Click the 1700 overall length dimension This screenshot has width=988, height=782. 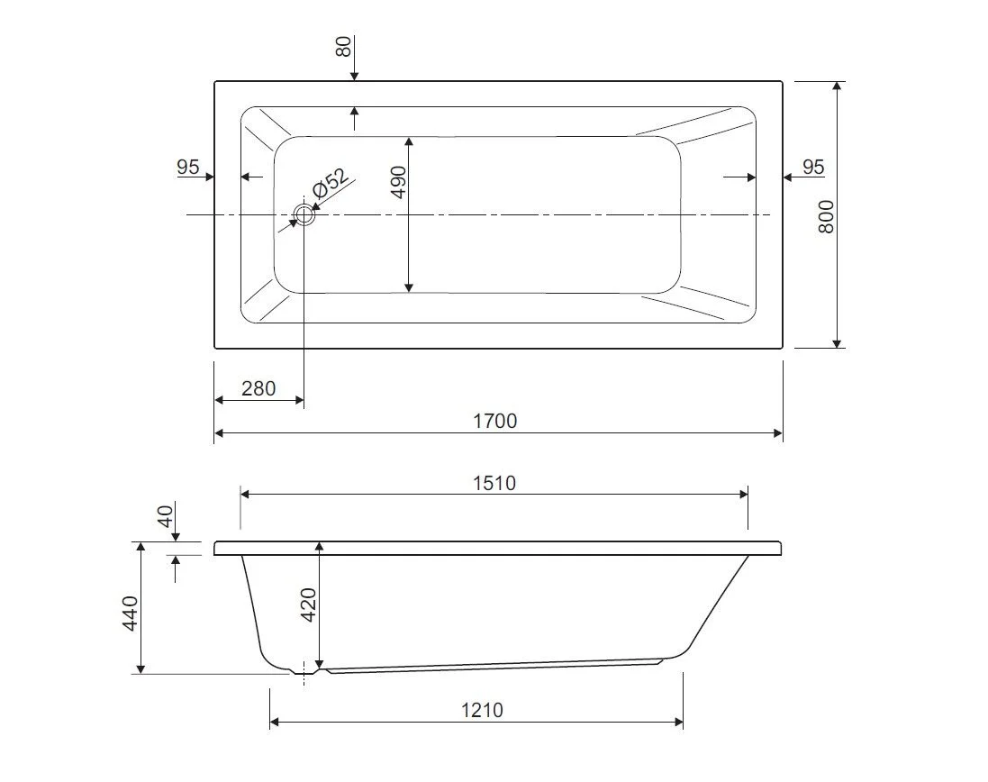[x=495, y=421]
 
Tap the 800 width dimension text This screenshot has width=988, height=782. [x=826, y=217]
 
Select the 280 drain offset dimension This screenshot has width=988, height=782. [x=258, y=388]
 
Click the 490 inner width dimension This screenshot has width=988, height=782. [x=399, y=182]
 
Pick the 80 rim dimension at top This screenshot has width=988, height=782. [x=343, y=47]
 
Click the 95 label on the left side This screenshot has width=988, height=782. [x=187, y=167]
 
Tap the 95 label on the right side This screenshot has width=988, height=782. [x=813, y=167]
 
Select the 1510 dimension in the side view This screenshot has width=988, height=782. [x=494, y=483]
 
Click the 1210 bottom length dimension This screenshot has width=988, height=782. [x=482, y=710]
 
